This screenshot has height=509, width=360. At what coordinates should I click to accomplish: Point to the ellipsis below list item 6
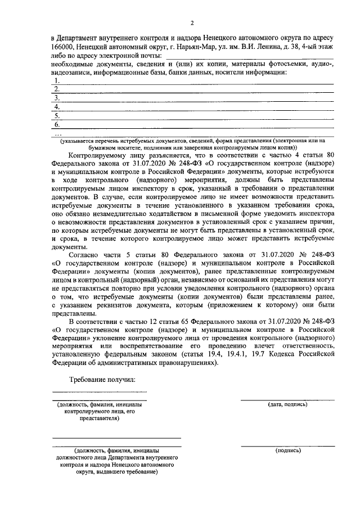point(56,133)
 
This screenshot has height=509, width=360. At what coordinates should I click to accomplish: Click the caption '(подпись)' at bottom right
point(287,451)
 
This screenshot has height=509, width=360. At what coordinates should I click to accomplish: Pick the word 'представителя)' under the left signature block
point(100,419)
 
